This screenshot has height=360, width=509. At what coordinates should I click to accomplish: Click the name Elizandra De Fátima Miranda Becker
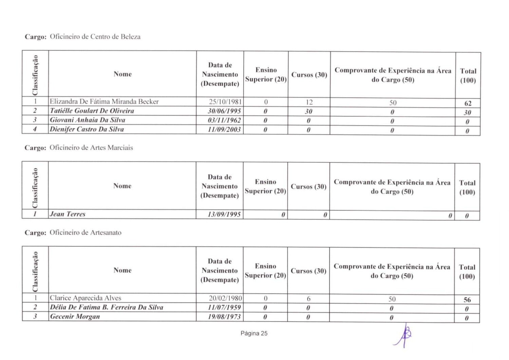click(104, 102)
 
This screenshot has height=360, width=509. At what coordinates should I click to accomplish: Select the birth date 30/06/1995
click(224, 111)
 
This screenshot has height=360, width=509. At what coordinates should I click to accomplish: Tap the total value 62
click(468, 103)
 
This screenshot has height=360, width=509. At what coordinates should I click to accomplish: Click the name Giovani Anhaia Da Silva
click(88, 120)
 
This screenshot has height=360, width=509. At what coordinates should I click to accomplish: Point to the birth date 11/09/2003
click(224, 129)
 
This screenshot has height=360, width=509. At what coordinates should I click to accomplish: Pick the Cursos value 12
click(309, 102)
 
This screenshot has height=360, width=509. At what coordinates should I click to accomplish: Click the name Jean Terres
click(68, 214)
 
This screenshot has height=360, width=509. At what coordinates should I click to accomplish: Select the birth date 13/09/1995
click(224, 214)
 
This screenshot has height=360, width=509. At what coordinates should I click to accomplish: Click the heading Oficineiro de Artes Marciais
click(91, 148)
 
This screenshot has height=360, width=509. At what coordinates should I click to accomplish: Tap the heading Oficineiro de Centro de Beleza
click(95, 37)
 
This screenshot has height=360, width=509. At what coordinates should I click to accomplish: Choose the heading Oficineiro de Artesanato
click(86, 233)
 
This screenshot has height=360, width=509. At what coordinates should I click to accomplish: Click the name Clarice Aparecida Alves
click(86, 298)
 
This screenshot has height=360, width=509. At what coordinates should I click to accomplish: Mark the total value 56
click(467, 300)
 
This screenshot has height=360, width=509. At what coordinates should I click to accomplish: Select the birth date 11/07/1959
click(224, 307)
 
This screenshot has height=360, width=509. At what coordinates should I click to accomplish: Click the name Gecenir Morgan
click(75, 317)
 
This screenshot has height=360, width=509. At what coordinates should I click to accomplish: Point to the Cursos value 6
click(308, 299)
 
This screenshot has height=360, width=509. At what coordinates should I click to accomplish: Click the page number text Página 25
click(254, 334)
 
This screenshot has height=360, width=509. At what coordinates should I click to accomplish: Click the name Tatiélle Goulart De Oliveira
click(92, 111)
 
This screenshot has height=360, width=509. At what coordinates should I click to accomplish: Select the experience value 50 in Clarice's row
click(392, 299)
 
